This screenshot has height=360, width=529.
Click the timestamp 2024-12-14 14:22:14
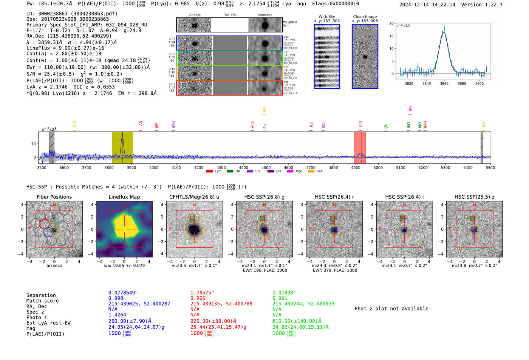427,5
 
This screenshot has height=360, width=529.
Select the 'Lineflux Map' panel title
124,197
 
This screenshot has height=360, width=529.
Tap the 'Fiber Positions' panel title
54,197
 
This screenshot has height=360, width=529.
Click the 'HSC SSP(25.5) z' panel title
474,197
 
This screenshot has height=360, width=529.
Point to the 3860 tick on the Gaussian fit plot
444,83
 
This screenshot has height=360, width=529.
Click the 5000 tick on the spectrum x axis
378,168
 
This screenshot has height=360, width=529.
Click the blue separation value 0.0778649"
123,293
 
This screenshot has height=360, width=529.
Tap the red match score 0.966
198,298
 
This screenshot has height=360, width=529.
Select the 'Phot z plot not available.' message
393,309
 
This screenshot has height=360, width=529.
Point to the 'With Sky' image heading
326,17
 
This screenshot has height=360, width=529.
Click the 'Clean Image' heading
365,17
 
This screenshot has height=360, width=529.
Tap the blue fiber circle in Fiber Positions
48,232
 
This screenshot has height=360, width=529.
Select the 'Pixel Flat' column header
230,15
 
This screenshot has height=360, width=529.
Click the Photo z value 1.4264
117,315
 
